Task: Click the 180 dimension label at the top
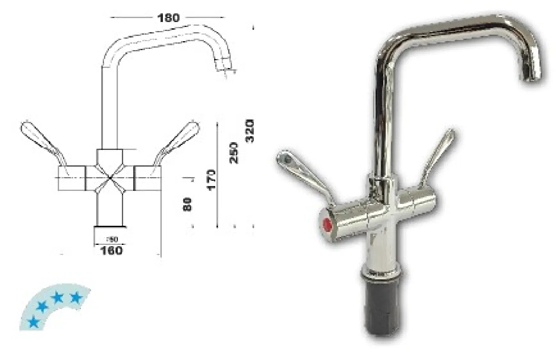point(169,17)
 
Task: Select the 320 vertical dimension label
point(250,131)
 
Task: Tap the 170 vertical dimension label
point(211,179)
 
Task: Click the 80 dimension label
point(187,204)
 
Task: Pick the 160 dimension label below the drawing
point(111,250)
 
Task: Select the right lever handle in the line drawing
point(179,139)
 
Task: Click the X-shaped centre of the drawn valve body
point(110,178)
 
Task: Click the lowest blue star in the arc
point(33,322)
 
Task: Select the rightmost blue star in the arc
point(76,297)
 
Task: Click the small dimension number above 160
point(112,239)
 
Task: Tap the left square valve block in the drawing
point(71,178)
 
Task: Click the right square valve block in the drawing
point(148,178)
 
